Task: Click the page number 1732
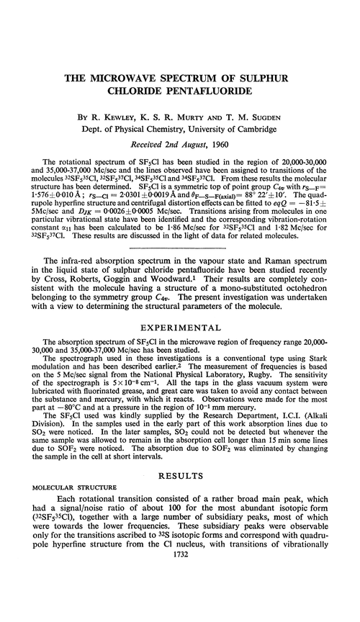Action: click(x=180, y=605)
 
